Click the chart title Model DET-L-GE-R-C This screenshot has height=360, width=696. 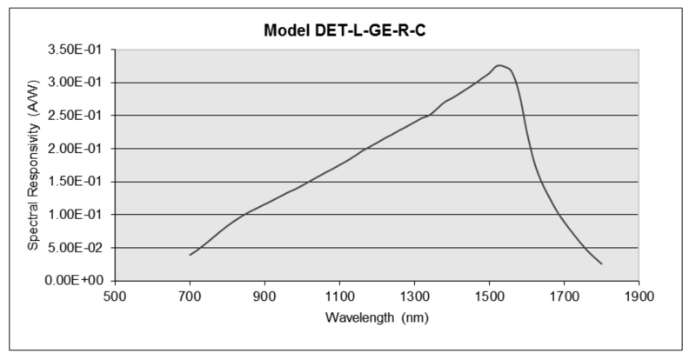(x=349, y=30)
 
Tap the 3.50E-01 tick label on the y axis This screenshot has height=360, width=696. (x=77, y=50)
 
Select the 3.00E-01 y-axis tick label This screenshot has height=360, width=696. (x=77, y=83)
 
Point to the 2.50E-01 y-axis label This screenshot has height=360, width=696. (x=77, y=116)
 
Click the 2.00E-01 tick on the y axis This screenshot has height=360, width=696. (x=77, y=149)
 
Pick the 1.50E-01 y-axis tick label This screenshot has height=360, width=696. (x=77, y=182)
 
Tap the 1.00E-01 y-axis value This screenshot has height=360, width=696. (x=77, y=215)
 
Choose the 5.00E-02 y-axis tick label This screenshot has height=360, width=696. (x=77, y=248)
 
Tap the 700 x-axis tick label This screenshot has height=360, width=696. (x=190, y=296)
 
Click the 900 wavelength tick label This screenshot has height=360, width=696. (x=264, y=296)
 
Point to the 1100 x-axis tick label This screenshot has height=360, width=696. (x=339, y=296)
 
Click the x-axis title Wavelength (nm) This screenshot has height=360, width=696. (x=377, y=317)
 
